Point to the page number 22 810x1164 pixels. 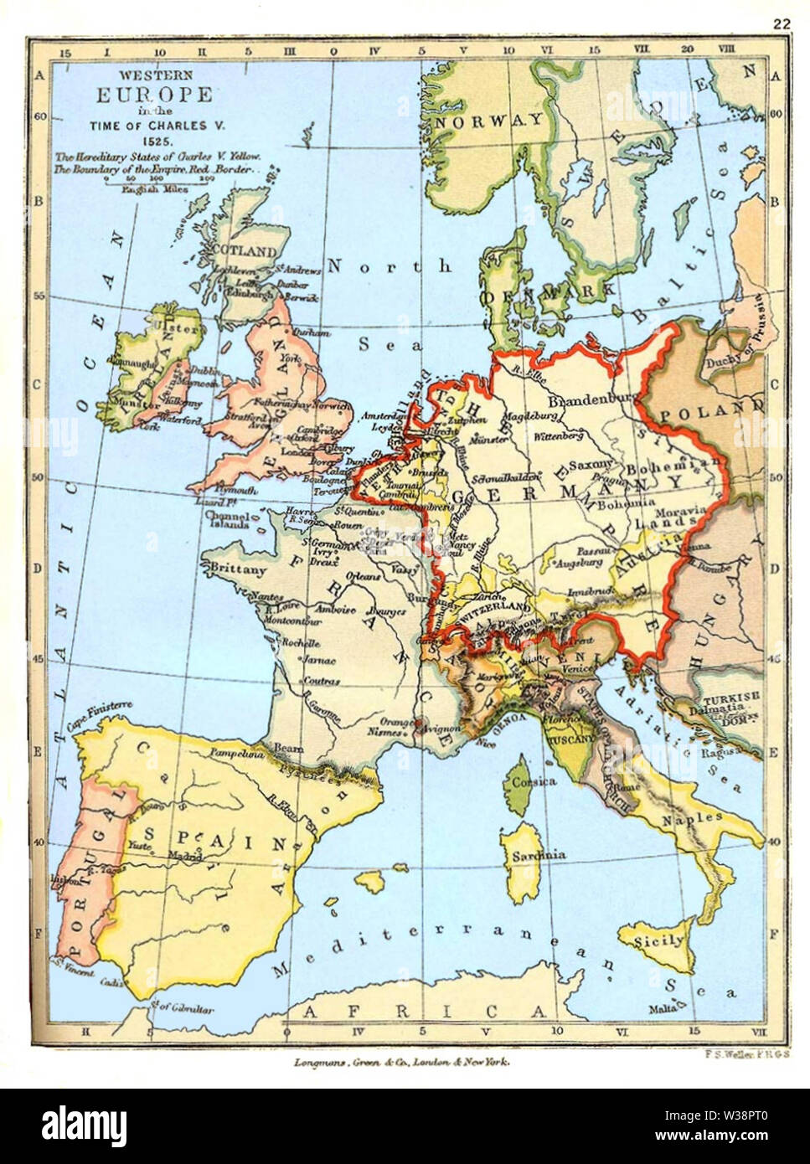click(782, 24)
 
